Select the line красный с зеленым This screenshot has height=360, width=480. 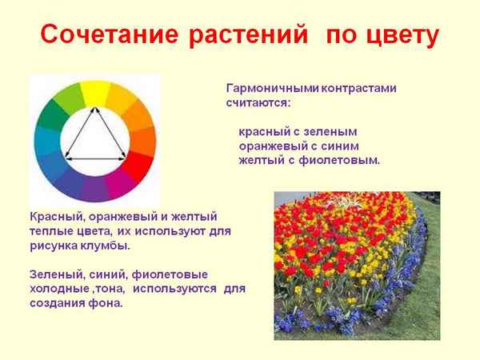(297, 131)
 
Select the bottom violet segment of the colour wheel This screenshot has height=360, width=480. (95, 189)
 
